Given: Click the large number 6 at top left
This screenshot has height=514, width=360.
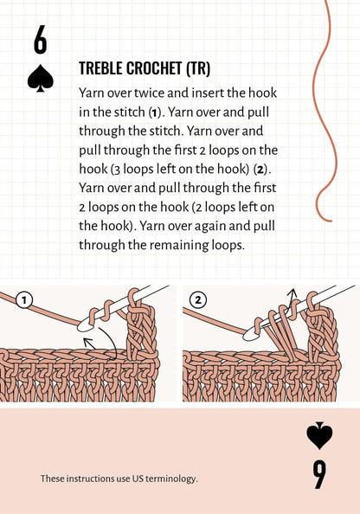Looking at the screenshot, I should pyautogui.click(x=41, y=41).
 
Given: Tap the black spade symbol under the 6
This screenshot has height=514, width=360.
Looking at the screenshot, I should pyautogui.click(x=41, y=80).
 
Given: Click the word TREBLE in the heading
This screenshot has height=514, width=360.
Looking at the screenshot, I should pyautogui.click(x=102, y=68).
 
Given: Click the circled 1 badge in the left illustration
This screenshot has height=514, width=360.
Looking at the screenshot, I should pyautogui.click(x=24, y=300).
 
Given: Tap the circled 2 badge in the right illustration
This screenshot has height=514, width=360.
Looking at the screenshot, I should pyautogui.click(x=199, y=300).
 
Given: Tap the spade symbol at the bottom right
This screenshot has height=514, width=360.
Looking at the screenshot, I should pyautogui.click(x=319, y=435).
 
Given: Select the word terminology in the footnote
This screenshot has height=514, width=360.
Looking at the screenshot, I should pyautogui.click(x=168, y=479).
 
